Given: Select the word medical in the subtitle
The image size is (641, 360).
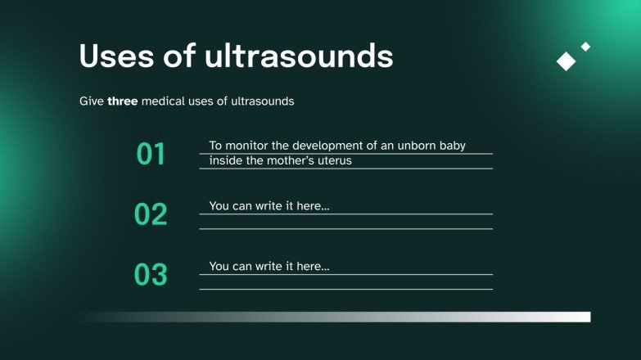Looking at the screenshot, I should coord(165,101).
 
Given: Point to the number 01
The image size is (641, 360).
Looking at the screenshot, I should coord(151,154).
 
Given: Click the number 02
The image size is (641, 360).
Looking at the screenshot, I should coord(151,214).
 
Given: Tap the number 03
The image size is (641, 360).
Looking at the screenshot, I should coord(151,275).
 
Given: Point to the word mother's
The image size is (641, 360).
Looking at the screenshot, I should coord(285,160).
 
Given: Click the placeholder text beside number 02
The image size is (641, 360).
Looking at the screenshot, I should coord(269,206).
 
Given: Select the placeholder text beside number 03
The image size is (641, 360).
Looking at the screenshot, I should coord(269,267).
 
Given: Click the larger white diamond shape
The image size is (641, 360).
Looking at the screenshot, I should coord(567,61).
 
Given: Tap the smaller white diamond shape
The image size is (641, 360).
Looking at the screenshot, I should coord(585,47).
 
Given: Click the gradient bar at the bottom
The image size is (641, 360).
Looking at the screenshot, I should coord(336,317).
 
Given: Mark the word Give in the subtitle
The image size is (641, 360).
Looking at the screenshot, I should coord(91,101).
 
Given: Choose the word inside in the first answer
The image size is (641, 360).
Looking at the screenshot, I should coord(225,160).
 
